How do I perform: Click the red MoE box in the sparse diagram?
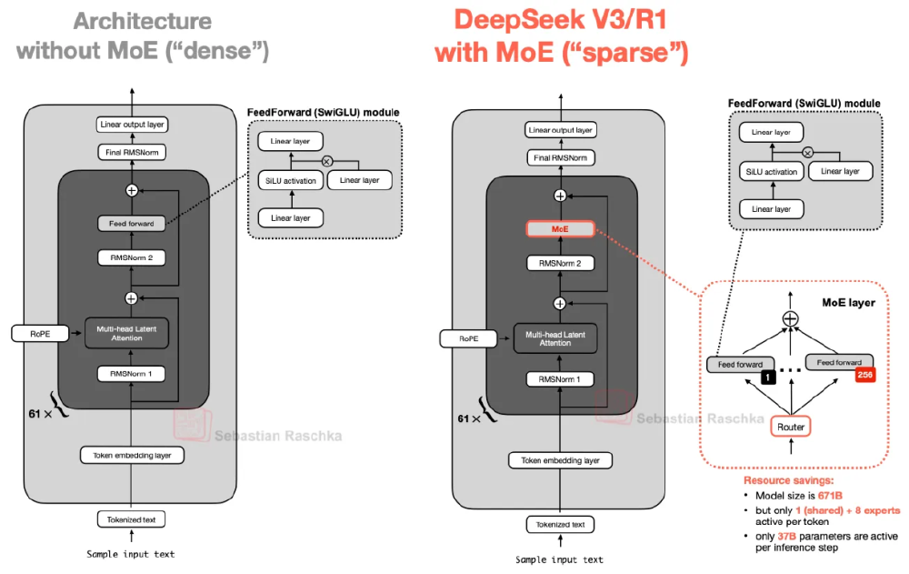click(560, 229)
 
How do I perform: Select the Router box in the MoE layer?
click(791, 426)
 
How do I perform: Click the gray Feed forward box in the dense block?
click(131, 223)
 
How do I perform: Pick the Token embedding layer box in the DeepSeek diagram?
click(560, 460)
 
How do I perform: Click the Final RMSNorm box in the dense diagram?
click(131, 153)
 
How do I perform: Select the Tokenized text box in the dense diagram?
click(131, 519)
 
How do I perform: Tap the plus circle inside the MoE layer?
click(791, 319)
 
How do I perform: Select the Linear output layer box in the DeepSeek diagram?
click(560, 131)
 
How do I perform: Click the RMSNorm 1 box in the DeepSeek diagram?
click(560, 378)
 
